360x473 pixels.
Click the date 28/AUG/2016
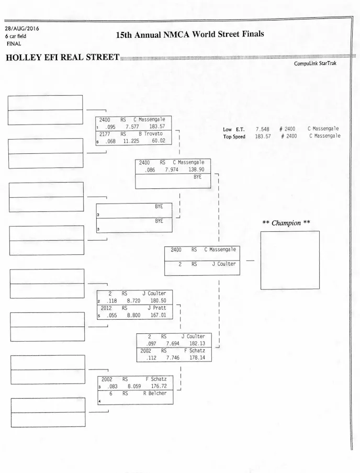pyautogui.click(x=22, y=28)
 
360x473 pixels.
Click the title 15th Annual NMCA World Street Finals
pyautogui.click(x=190, y=35)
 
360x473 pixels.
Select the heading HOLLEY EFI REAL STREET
pyautogui.click(x=62, y=57)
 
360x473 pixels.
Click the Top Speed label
pyautogui.click(x=234, y=137)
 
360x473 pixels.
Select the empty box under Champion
pyautogui.click(x=290, y=260)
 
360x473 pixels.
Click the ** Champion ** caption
pyautogui.click(x=286, y=223)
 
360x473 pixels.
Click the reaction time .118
pyautogui.click(x=111, y=301)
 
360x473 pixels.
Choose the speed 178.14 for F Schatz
pyautogui.click(x=195, y=357)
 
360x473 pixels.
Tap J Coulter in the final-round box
pyautogui.click(x=224, y=264)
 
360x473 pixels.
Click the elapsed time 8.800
pyautogui.click(x=130, y=316)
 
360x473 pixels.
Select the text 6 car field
pyautogui.click(x=16, y=36)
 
